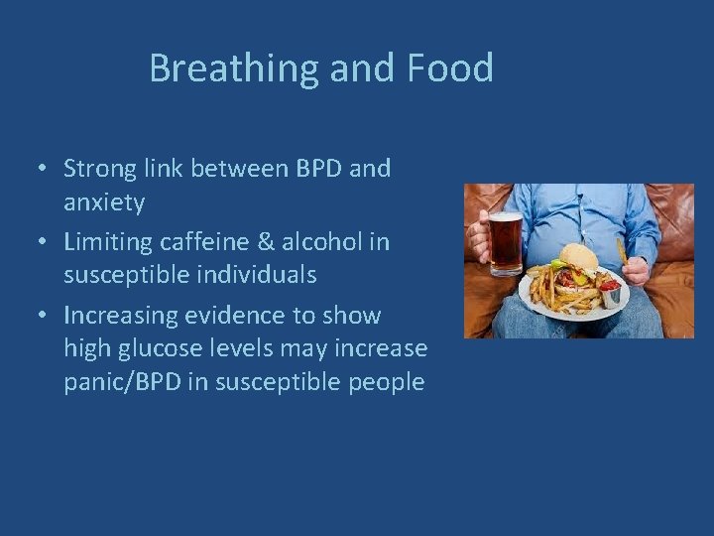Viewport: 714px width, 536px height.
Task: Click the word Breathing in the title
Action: (234, 69)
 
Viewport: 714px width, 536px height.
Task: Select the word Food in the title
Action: (449, 69)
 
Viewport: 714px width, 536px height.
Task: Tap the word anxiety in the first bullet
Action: (104, 203)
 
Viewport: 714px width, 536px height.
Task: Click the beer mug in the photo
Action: (505, 243)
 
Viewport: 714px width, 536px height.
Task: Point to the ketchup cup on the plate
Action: (610, 295)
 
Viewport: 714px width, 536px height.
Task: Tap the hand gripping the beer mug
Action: (480, 238)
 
